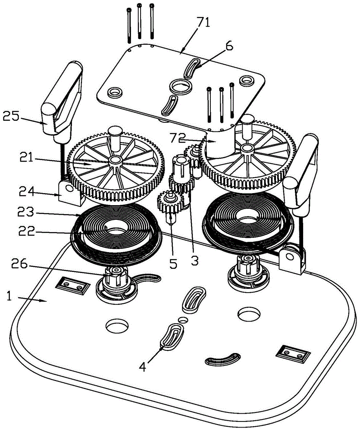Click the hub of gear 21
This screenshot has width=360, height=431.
115,160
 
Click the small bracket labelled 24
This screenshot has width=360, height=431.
69,192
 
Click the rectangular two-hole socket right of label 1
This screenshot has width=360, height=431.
70,284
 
